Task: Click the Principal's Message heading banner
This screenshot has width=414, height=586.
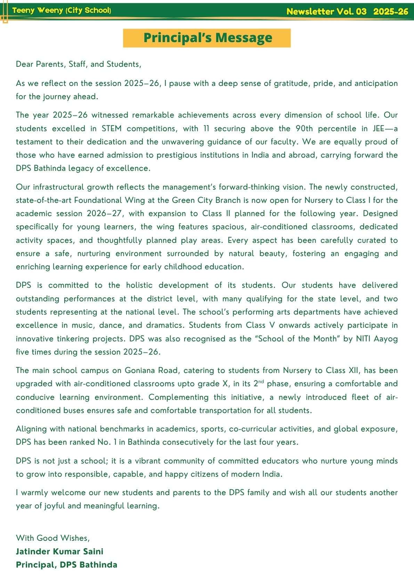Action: click(207, 38)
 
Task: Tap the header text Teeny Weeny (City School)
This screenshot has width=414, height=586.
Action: click(62, 10)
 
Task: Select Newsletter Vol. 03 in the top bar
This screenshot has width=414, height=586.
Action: click(326, 11)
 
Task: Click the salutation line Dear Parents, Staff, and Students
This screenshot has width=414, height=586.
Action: click(79, 64)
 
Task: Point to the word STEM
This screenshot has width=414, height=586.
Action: click(112, 129)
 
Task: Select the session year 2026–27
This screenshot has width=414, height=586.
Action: click(104, 214)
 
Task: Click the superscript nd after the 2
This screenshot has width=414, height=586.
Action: click(261, 382)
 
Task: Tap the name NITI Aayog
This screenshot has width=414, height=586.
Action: click(377, 339)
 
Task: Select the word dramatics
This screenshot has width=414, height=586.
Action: click(165, 325)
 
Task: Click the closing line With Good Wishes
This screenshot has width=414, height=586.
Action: click(53, 538)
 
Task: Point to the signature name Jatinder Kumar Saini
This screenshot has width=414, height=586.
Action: click(59, 552)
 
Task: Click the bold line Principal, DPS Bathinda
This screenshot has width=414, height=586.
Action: click(66, 565)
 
